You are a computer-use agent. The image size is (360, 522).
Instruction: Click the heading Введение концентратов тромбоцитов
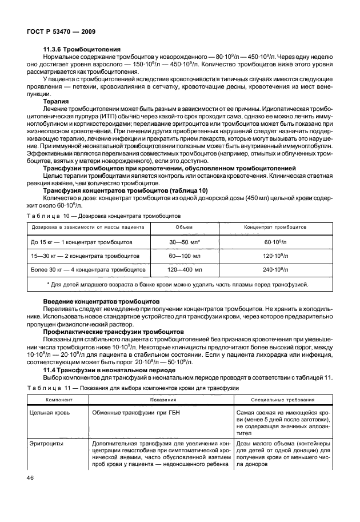coord(101,301)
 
